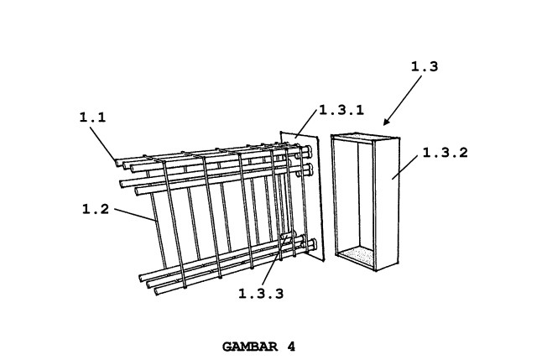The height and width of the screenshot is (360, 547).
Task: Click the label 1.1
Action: tap(93, 117)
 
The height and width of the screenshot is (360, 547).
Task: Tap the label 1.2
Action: tap(96, 209)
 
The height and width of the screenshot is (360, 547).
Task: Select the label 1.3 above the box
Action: tap(425, 66)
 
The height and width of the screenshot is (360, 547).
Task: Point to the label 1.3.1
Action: tap(342, 110)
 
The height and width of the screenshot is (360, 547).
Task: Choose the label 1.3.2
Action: tap(445, 153)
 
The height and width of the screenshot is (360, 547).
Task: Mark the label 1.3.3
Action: tap(261, 294)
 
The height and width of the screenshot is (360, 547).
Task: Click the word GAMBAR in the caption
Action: tap(250, 347)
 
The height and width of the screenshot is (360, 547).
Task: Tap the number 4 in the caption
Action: tap(291, 347)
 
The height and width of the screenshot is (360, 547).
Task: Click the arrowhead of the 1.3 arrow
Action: tap(387, 122)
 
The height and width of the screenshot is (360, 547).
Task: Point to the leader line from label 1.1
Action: tap(103, 143)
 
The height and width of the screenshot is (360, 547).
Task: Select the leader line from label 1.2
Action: tap(135, 215)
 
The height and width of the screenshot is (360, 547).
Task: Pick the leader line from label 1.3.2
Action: tap(404, 167)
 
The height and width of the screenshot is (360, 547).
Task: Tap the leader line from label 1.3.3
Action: tap(274, 261)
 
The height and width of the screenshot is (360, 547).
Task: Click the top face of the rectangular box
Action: tap(365, 137)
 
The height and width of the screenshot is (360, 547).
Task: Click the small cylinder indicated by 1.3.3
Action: tap(288, 237)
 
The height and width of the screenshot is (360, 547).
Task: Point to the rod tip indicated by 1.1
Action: tap(118, 163)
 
